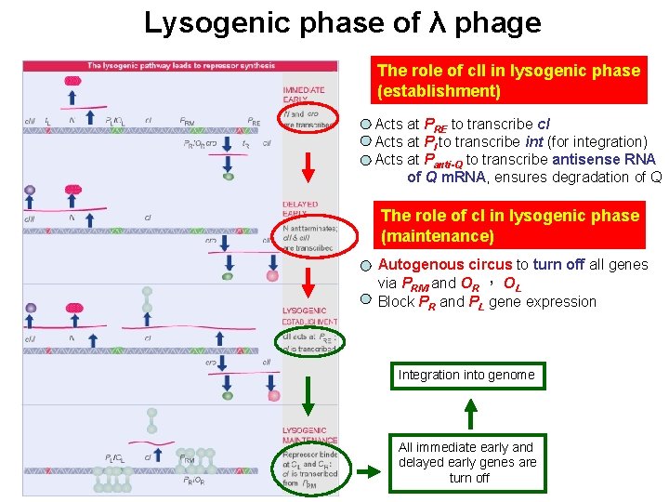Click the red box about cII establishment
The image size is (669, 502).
pos(508,81)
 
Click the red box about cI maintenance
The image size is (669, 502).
pos(508,225)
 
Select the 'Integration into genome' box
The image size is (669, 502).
pos(466,375)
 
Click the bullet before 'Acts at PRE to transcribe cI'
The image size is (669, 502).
pos(367,125)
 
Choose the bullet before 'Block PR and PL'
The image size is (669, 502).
pos(367,301)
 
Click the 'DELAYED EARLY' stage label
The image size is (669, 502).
pos(300,208)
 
